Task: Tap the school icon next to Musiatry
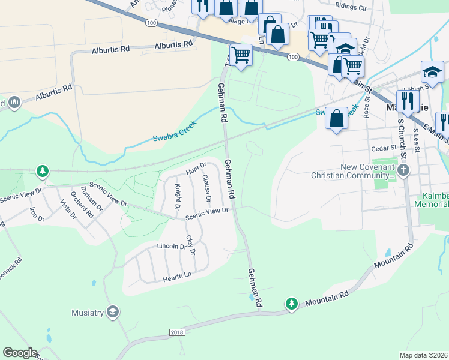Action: click(112, 311)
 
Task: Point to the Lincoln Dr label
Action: click(172, 247)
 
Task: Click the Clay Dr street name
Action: click(191, 244)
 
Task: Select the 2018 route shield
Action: click(177, 332)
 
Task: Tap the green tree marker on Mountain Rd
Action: click(292, 304)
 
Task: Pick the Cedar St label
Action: click(384, 148)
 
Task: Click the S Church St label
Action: click(402, 138)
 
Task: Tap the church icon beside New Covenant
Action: click(403, 171)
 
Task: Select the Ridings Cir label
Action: click(351, 8)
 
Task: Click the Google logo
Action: click(20, 353)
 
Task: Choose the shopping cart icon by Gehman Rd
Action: click(241, 55)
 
